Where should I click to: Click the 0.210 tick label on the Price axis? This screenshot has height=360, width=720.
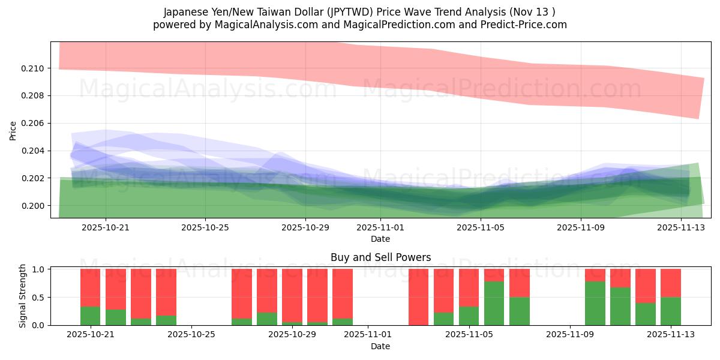(33, 68)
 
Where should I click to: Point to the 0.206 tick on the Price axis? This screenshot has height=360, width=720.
(33, 124)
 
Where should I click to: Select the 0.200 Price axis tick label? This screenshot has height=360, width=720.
(33, 206)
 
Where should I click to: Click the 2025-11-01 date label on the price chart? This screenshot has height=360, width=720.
(380, 228)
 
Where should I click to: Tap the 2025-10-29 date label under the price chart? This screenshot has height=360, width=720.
(305, 228)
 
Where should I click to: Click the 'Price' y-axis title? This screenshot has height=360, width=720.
(13, 130)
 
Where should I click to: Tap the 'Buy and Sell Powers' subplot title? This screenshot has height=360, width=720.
(380, 258)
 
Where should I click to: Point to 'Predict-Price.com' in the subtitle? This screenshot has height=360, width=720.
(526, 25)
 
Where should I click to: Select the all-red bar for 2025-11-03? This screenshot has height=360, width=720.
(419, 297)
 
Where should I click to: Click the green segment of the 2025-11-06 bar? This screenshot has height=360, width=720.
(494, 303)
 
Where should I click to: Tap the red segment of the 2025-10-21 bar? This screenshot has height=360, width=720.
(91, 287)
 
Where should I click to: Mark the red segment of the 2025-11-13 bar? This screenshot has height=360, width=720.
(671, 283)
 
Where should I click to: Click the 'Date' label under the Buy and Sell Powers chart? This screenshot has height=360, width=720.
(380, 346)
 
